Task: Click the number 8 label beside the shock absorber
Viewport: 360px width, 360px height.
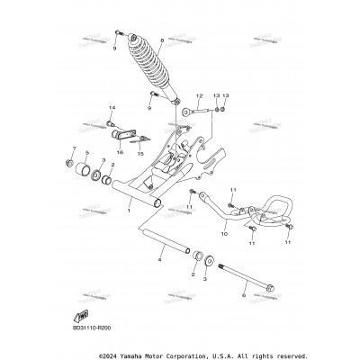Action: (161, 41)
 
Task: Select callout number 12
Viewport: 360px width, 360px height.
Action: (200, 94)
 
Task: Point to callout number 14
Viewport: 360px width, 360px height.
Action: (111, 106)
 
